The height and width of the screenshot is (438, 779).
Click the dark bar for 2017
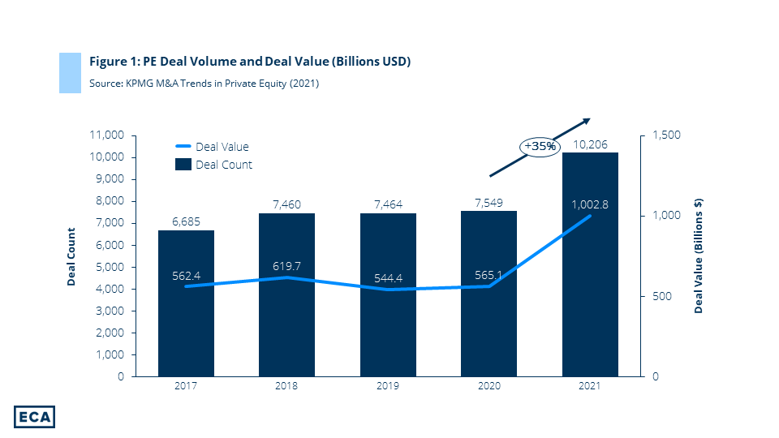coord(186,324)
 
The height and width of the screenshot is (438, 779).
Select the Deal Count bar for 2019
coord(388,324)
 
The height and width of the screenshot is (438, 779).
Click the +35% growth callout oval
coord(540,146)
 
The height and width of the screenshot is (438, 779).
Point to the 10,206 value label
coord(590,144)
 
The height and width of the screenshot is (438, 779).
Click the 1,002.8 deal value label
coord(590,205)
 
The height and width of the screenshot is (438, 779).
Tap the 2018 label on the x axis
coord(287,386)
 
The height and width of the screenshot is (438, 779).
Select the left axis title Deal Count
coord(71,256)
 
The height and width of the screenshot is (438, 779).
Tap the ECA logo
coord(34,415)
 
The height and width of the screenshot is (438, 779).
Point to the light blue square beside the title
coord(70,72)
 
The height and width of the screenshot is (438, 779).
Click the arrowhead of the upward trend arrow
coord(587,122)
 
